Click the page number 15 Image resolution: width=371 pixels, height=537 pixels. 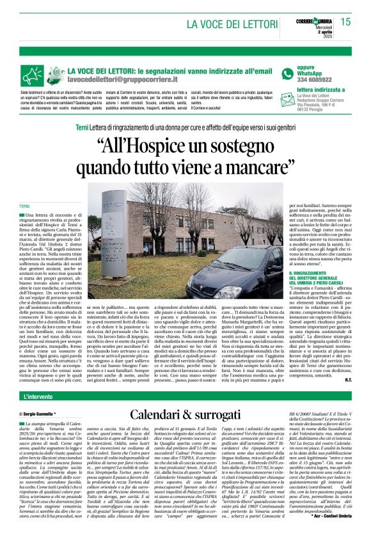coord(346,22)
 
